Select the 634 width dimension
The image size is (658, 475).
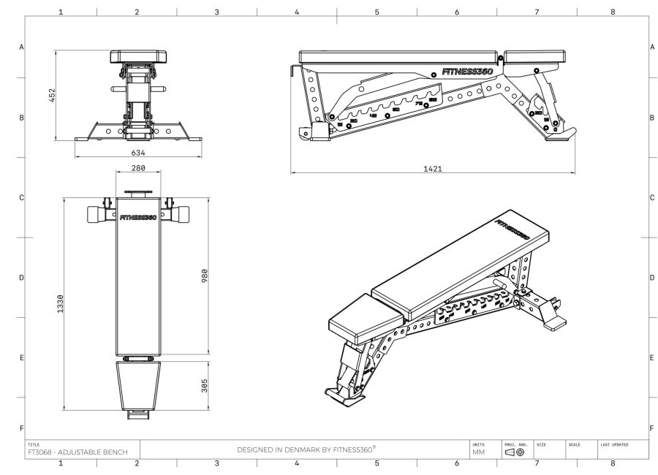coord(138,153)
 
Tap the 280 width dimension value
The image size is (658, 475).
coord(137,168)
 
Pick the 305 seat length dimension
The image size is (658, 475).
coord(205,385)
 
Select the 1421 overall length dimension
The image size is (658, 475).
coord(432,168)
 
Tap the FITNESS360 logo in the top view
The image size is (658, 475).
coord(137,217)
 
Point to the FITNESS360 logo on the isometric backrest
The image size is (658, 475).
coord(512,232)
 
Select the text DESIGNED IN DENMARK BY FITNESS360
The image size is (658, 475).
coord(306,449)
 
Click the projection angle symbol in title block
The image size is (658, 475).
coord(515,453)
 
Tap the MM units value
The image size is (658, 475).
coord(479,453)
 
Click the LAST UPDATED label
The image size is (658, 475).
coord(614,444)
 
